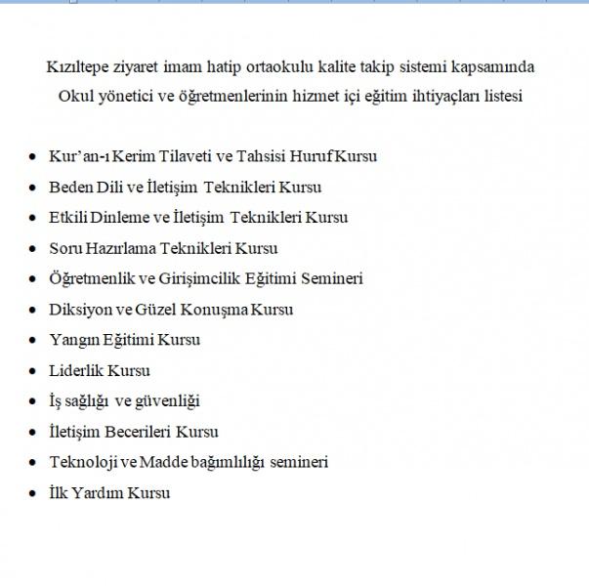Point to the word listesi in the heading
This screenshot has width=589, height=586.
[500, 96]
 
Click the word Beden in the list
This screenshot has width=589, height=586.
[69, 187]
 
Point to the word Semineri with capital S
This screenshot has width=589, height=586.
[330, 278]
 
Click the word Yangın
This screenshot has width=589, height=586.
[71, 340]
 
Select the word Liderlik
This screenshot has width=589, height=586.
[76, 370]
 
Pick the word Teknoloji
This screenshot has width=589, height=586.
[85, 462]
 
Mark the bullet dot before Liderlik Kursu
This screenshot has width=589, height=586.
[33, 371]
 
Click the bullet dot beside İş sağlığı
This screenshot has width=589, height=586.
[33, 401]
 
